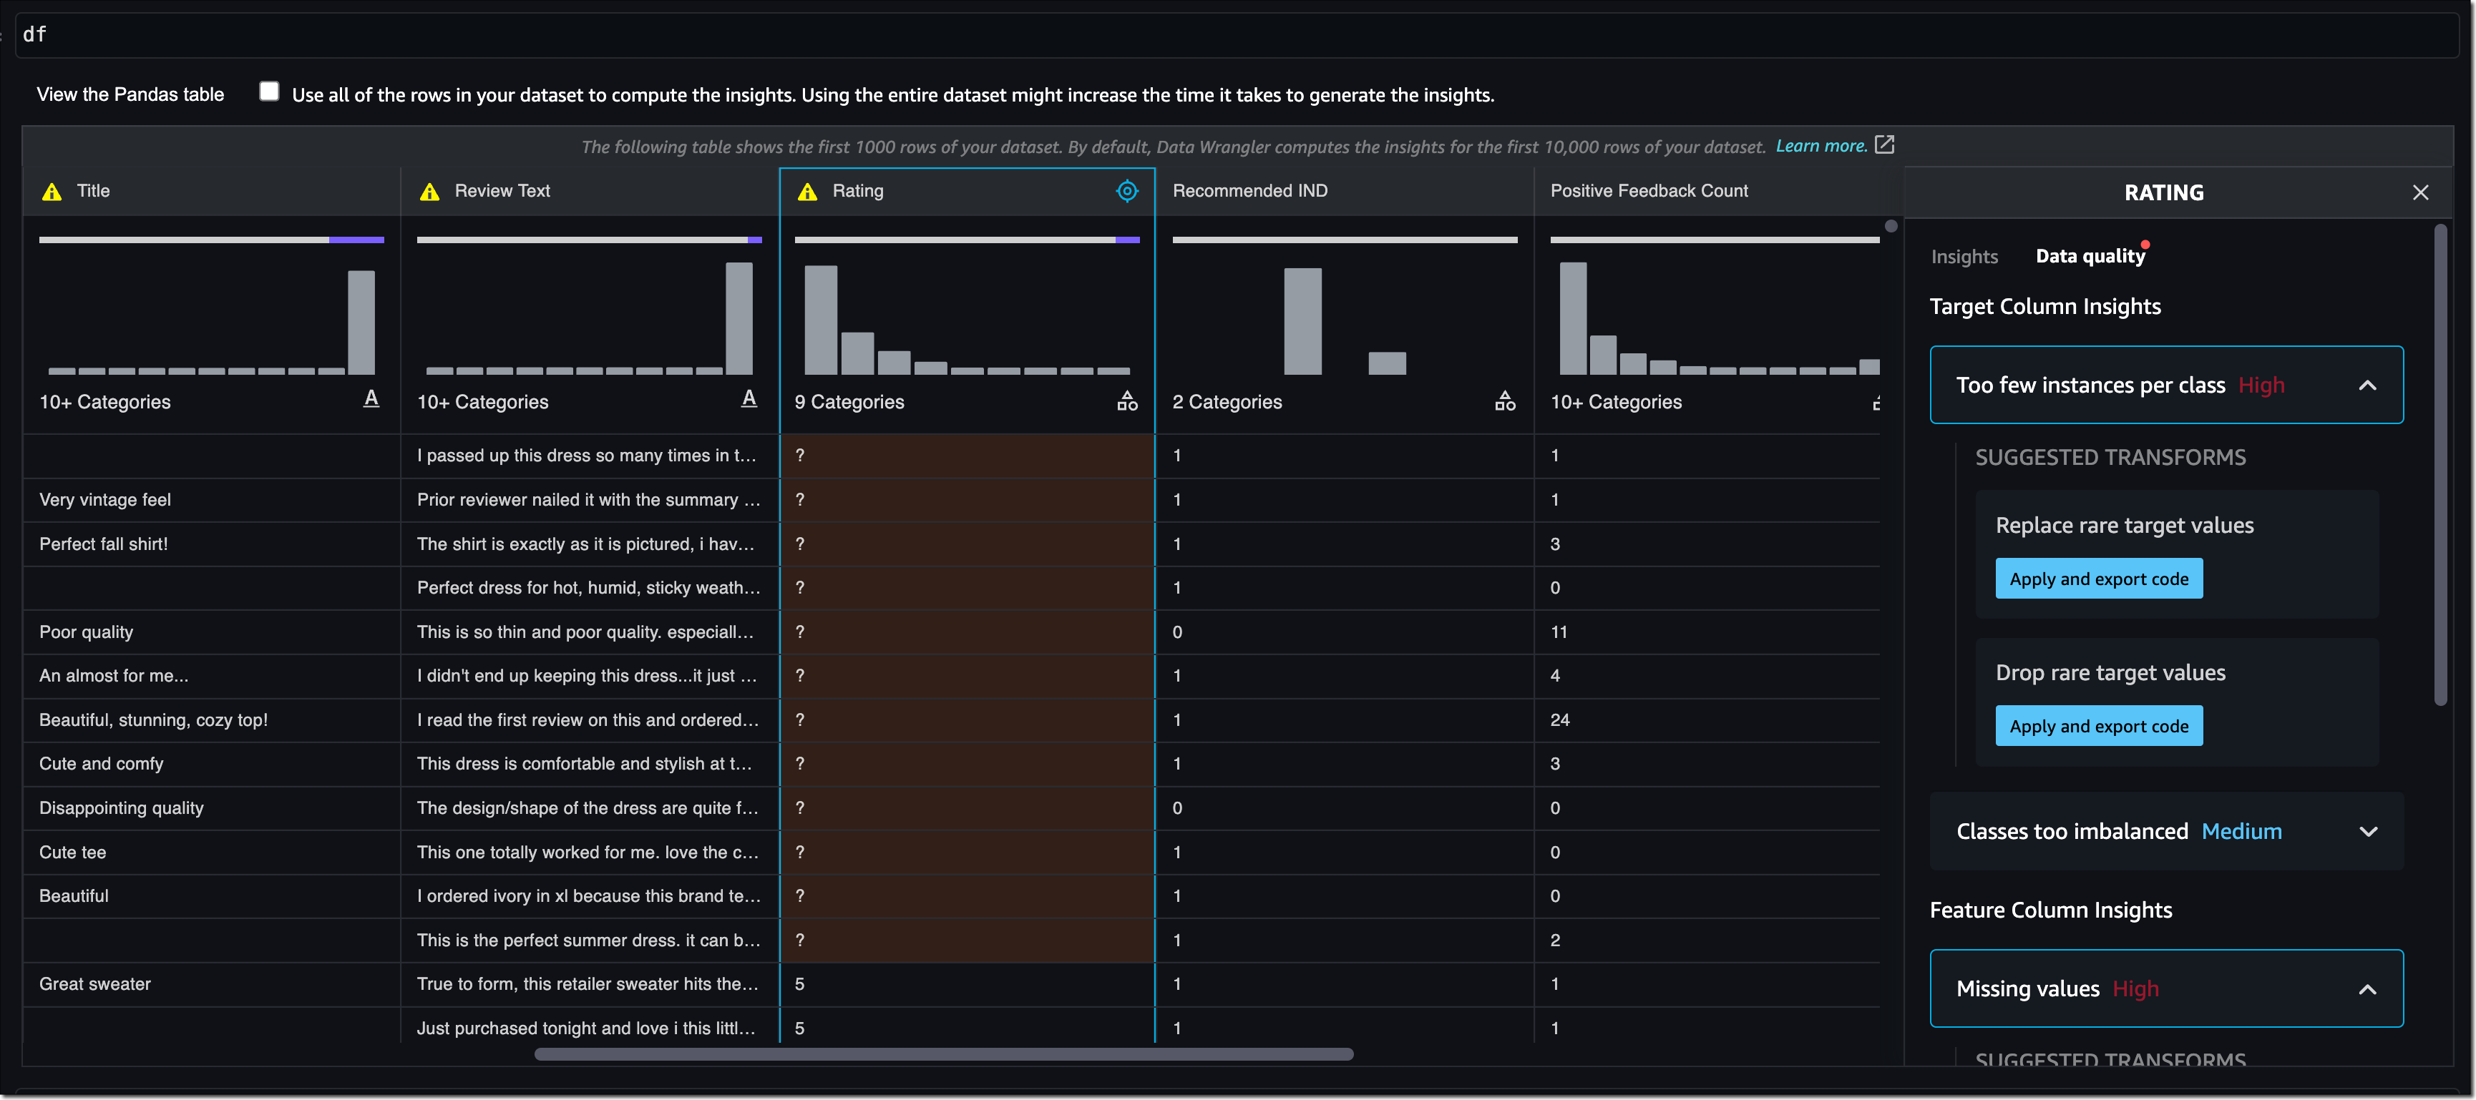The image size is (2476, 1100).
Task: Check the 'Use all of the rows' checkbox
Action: point(269,92)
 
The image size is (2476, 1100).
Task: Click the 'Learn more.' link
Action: point(1821,146)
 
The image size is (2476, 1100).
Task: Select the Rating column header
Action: point(857,191)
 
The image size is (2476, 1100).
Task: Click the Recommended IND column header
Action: point(1249,191)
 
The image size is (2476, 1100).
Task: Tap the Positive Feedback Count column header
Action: point(1649,191)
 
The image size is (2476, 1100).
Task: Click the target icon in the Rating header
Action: point(1126,191)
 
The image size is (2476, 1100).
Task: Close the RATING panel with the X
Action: point(2420,193)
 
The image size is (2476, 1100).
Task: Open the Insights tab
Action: point(1964,257)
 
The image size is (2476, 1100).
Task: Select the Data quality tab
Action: point(2090,257)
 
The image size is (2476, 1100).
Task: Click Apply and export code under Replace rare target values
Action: point(2098,579)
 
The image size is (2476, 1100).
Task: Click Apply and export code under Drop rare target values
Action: point(2098,726)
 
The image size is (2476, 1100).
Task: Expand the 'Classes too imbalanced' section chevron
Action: point(2367,832)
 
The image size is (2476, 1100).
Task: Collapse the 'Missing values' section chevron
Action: point(2367,990)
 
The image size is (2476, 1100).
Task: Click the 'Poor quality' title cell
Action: point(87,632)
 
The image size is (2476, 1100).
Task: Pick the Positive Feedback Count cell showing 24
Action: point(1559,720)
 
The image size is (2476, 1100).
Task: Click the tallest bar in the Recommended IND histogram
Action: point(1302,322)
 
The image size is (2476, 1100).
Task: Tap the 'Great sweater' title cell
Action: point(95,983)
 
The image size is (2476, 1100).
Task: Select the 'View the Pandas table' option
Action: point(131,94)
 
